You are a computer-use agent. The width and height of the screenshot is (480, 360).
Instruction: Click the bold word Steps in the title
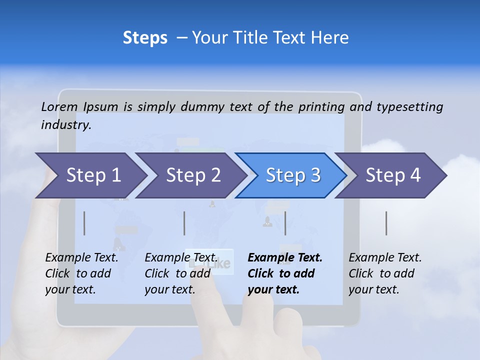click(145, 38)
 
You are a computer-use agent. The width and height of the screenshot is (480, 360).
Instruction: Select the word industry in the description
click(65, 124)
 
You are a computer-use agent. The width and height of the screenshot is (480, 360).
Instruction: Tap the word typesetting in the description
click(409, 107)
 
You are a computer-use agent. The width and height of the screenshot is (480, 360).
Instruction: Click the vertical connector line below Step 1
click(84, 223)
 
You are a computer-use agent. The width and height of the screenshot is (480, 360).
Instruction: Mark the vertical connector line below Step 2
click(184, 223)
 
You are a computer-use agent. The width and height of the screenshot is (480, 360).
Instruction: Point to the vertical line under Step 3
click(285, 223)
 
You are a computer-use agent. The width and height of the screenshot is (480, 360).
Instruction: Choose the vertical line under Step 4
click(386, 223)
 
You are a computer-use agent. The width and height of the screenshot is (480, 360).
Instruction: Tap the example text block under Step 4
click(385, 273)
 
